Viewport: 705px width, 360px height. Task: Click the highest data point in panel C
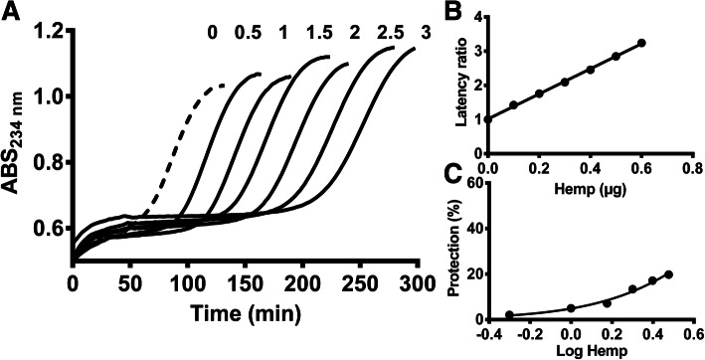coord(668,274)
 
